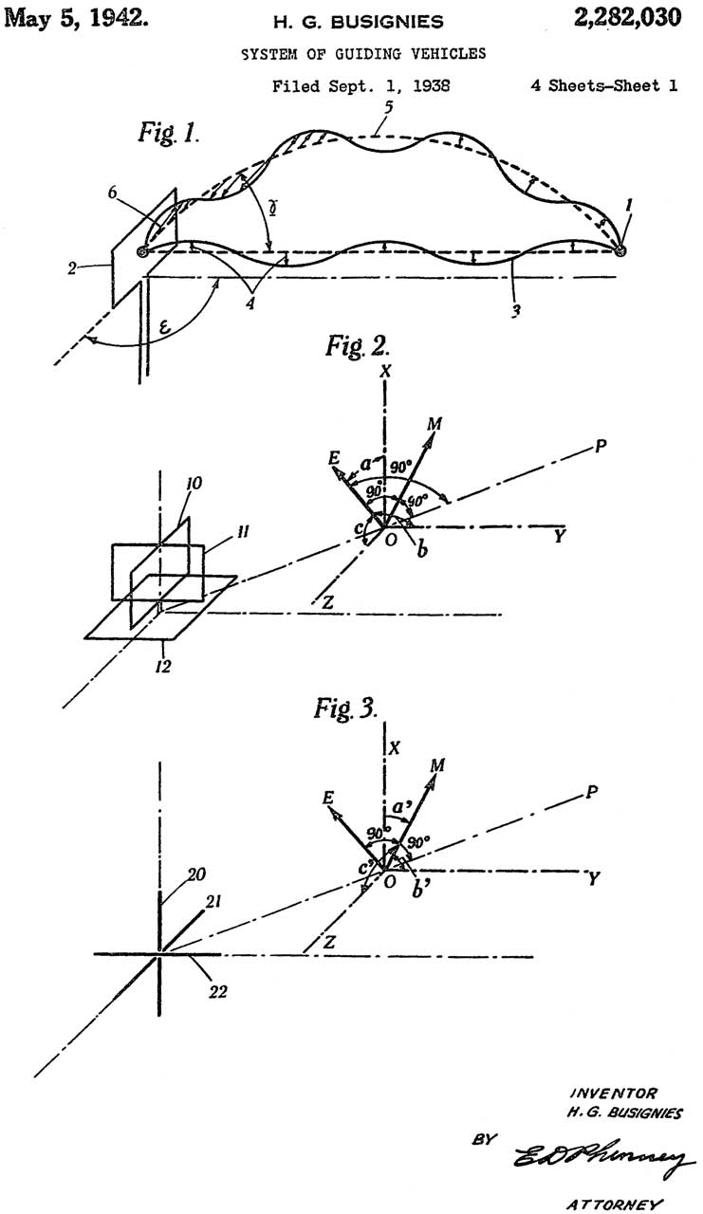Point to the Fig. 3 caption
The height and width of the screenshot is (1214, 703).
[345, 708]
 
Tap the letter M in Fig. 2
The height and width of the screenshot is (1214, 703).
[433, 422]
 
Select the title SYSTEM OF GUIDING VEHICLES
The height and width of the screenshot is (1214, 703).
[362, 54]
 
